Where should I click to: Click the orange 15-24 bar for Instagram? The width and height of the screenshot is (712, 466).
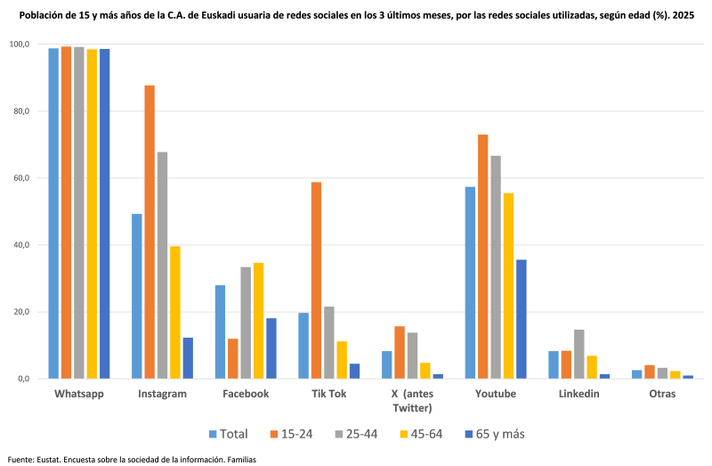pos(150,232)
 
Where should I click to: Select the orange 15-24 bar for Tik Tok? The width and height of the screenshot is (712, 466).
pos(316,280)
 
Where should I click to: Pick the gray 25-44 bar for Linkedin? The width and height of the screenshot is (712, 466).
pos(578,354)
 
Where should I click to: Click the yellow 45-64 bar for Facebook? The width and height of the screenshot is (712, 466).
pos(258,321)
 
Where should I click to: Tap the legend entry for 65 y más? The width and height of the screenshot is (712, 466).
pos(492,434)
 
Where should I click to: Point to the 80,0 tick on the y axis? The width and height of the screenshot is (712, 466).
pos(19,111)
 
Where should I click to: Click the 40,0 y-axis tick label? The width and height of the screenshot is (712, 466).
pos(19,245)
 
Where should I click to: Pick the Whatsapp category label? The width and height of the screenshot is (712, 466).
pos(79,394)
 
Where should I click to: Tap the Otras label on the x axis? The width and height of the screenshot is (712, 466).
pos(662,394)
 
